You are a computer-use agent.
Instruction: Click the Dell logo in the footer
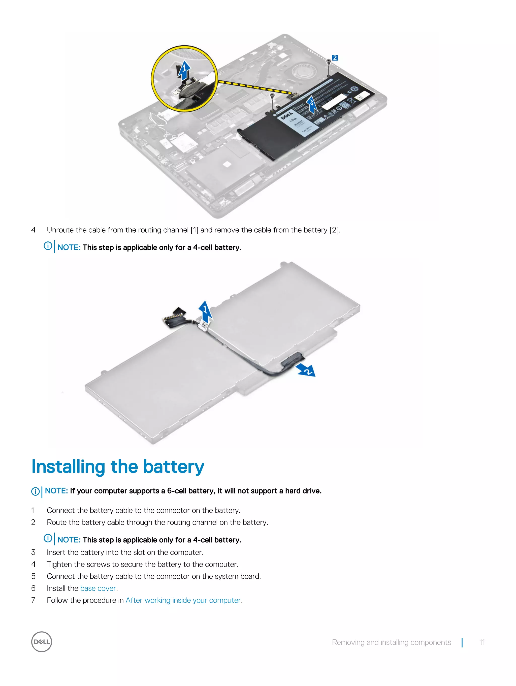pyautogui.click(x=42, y=642)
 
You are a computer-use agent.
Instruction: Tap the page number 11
pyautogui.click(x=481, y=642)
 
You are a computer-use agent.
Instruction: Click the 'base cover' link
pyautogui.click(x=98, y=588)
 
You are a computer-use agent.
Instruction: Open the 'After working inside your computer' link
pyautogui.click(x=183, y=600)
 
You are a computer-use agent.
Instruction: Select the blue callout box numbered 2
pyautogui.click(x=335, y=58)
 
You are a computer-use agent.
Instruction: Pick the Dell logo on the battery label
pyautogui.click(x=287, y=116)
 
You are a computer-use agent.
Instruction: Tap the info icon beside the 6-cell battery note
pyautogui.click(x=35, y=491)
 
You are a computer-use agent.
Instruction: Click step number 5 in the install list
pyautogui.click(x=33, y=576)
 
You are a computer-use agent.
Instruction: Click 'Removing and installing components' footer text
pyautogui.click(x=391, y=642)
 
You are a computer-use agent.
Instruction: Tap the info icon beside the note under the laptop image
pyautogui.click(x=48, y=246)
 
